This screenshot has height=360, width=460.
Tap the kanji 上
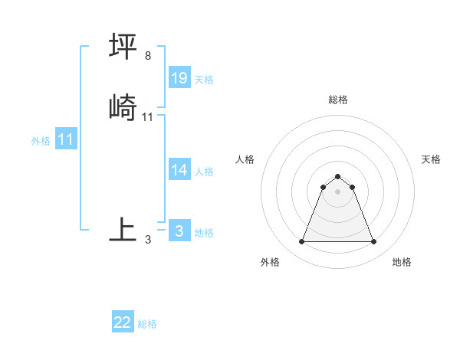tap(123, 228)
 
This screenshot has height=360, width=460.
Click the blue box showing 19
tap(179, 77)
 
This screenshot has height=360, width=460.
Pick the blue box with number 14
tap(179, 170)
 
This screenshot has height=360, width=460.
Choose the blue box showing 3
tap(179, 231)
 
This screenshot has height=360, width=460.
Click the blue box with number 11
tap(66, 139)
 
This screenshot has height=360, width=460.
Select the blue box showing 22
tap(123, 322)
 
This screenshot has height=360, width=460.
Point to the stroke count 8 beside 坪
tap(148, 56)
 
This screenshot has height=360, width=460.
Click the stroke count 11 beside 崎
tap(148, 116)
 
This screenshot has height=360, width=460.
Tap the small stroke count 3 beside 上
tap(148, 239)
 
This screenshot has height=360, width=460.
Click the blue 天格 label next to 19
tap(204, 80)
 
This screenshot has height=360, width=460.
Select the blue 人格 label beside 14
tap(204, 172)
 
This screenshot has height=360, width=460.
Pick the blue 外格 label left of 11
tap(41, 141)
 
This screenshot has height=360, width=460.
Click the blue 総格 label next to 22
tap(147, 324)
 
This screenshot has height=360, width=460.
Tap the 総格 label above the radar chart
tap(338, 100)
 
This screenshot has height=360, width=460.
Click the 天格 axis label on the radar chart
tap(431, 159)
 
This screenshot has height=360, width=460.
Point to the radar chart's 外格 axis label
tap(270, 262)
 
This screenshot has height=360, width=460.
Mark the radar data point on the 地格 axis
tap(373, 242)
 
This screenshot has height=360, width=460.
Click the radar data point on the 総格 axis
tap(338, 177)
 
